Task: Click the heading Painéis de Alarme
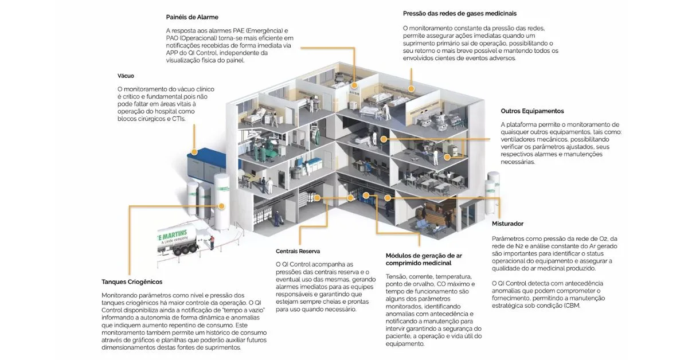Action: click(192, 18)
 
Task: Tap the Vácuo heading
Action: click(126, 76)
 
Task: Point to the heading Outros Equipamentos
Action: click(532, 111)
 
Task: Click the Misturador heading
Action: click(507, 224)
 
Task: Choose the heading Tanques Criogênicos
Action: click(132, 281)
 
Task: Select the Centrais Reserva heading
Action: click(298, 251)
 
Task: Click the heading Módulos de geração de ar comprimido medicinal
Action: click(424, 259)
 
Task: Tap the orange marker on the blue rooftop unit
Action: click(194, 152)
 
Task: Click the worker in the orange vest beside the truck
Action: click(212, 245)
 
